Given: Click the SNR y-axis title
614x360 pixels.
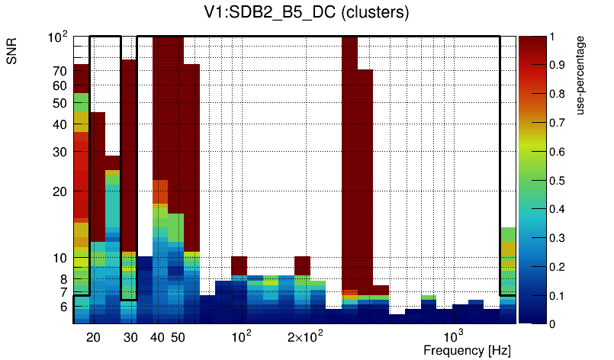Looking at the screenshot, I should click(x=13, y=53).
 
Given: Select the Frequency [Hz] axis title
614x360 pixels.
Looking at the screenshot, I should click(x=467, y=350).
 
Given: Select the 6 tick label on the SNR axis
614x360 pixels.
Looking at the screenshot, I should click(x=63, y=307).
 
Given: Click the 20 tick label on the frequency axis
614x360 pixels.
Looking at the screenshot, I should click(x=94, y=337).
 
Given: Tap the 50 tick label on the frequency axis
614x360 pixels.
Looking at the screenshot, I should click(x=178, y=337).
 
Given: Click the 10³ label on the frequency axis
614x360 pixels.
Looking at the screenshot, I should click(x=454, y=336).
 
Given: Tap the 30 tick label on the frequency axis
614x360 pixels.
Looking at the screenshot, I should click(x=130, y=337).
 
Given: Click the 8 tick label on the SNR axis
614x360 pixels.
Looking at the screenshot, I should click(x=63, y=278).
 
